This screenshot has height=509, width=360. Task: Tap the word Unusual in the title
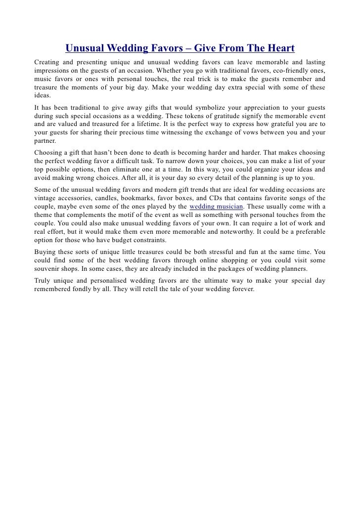(85, 48)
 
